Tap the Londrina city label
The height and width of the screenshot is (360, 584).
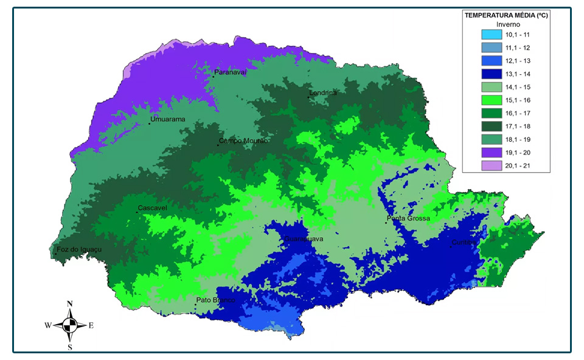point(323,93)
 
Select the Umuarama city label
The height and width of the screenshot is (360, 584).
point(167,119)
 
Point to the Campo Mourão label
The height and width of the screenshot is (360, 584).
point(243,141)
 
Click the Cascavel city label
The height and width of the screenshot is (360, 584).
point(152,208)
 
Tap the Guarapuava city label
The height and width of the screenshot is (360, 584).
point(304,239)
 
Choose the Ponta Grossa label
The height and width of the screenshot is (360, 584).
point(408,218)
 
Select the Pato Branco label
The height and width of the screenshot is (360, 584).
point(215,300)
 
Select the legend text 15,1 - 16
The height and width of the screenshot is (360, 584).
point(518,100)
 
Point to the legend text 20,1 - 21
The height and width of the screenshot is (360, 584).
point(518,165)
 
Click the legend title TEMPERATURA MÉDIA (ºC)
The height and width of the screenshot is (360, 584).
point(506,15)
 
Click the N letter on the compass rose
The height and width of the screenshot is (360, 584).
point(70,303)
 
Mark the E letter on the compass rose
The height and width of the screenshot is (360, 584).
point(91,325)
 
